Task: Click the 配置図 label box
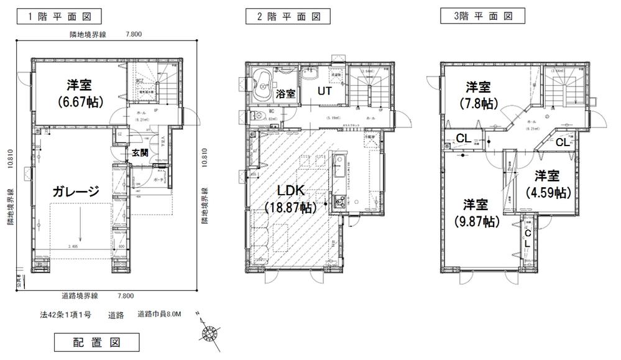click(96, 341)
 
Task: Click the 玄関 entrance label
click(140, 154)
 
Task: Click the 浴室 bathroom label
click(286, 94)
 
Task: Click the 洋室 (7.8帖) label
click(479, 93)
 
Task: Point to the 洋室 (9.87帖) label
click(477, 213)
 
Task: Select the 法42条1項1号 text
click(65, 315)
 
